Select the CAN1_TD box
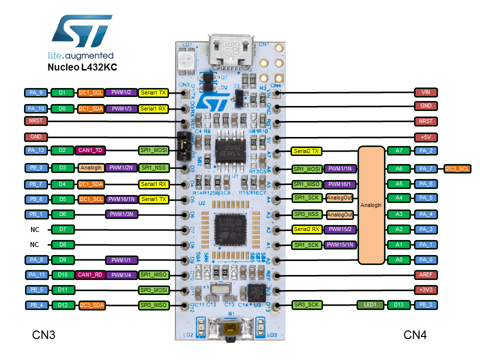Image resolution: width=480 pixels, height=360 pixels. (90, 149)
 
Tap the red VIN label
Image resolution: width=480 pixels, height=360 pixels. (426, 92)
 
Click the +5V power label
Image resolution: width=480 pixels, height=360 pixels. (426, 136)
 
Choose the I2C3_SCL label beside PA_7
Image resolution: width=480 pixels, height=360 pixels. (457, 168)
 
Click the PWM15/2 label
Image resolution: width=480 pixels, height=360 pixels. (339, 229)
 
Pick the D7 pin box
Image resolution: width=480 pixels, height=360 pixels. (62, 229)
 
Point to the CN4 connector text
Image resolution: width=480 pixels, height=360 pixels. (415, 335)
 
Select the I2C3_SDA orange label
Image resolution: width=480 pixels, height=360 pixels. (91, 304)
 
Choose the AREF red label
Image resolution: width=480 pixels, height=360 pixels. (426, 275)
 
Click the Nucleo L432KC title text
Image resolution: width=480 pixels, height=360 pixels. (82, 67)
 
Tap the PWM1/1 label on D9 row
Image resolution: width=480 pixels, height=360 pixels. (121, 260)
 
